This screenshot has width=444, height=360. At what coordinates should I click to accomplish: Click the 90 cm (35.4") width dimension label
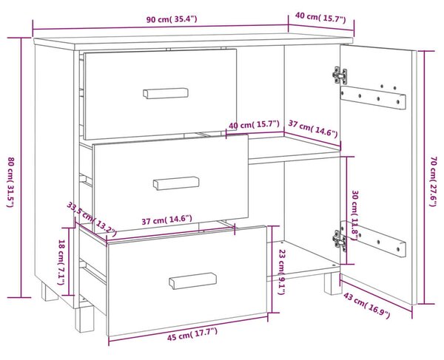click(172, 19)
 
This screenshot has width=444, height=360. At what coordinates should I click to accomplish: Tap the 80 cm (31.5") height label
click(10, 182)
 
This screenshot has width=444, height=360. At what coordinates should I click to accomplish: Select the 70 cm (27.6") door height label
click(434, 182)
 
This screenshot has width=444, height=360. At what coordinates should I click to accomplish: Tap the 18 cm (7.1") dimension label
click(61, 262)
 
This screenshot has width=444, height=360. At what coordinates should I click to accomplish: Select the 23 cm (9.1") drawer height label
click(281, 272)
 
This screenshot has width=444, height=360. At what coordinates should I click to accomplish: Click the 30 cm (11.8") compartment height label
click(355, 216)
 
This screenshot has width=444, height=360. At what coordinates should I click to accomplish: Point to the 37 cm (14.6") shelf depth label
click(313, 129)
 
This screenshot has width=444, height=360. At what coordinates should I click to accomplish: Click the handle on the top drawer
click(166, 93)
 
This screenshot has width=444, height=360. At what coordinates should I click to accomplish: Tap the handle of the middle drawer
click(176, 183)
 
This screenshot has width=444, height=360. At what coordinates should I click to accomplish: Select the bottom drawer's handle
click(193, 281)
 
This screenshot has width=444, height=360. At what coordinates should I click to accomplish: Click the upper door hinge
click(340, 75)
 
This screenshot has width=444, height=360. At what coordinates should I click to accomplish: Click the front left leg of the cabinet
click(84, 319)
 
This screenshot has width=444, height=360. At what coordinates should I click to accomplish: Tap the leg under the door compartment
click(333, 284)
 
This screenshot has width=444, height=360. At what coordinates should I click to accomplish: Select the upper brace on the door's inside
click(373, 98)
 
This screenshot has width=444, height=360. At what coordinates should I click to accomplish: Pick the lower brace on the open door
click(374, 240)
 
